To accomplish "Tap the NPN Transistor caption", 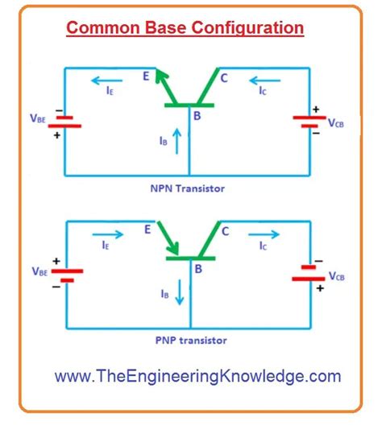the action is click(187, 188).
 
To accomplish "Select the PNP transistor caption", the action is click(191, 341).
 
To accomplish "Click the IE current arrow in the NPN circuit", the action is click(107, 81).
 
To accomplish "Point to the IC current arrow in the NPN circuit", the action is click(264, 81).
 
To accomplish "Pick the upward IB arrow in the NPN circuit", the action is click(176, 141).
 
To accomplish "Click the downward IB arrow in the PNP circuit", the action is click(180, 292).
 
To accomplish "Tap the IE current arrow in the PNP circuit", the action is click(108, 234).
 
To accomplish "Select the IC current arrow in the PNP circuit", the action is click(264, 234).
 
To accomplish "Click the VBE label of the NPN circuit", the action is click(38, 118).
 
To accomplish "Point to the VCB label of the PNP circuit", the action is click(337, 276).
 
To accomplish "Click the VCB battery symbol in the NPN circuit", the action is click(309, 122).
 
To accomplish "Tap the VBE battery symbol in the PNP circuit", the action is click(67, 275).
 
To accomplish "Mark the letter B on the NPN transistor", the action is click(197, 116).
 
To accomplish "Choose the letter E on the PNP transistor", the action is click(147, 229).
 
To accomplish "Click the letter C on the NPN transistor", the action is click(224, 78).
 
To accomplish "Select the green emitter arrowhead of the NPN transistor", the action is click(161, 75).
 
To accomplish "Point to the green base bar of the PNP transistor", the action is click(190, 258).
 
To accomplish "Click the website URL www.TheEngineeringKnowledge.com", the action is click(197, 376).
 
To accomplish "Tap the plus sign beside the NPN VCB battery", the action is click(316, 109).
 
